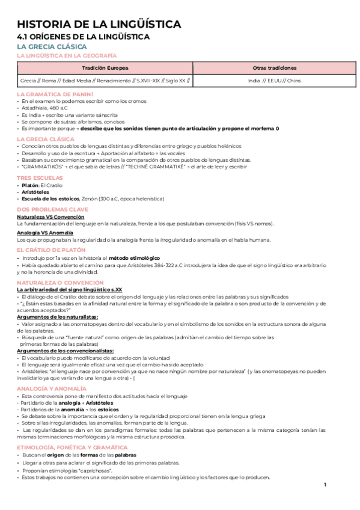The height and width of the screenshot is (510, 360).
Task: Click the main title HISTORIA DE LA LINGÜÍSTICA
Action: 99,25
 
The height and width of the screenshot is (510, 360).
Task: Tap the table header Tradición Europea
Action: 105,68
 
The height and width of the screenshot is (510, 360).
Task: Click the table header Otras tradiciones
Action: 274,68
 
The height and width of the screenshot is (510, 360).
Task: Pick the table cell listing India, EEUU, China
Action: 274,81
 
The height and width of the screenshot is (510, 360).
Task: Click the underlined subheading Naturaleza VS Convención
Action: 50,217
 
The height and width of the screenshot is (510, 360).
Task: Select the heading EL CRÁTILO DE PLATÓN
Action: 53,249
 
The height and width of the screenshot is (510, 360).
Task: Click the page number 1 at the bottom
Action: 325,485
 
